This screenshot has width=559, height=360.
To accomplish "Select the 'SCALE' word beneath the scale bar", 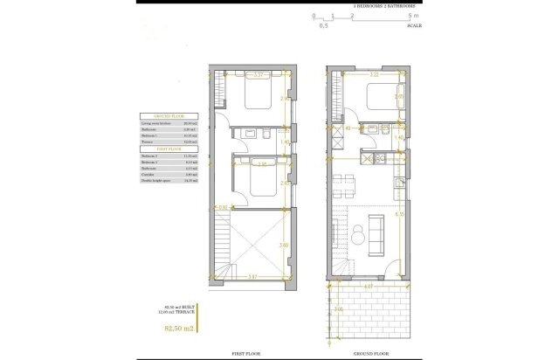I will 415,26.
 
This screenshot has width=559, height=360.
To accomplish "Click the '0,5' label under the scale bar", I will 324,27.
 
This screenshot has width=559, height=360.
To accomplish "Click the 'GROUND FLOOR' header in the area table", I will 167,115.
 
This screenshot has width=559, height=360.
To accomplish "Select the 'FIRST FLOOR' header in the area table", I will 167,147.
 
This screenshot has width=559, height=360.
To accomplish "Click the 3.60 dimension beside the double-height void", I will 283,246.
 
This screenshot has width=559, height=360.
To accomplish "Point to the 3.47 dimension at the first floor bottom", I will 252,277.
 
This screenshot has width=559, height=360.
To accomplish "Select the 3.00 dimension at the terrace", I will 338,309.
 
